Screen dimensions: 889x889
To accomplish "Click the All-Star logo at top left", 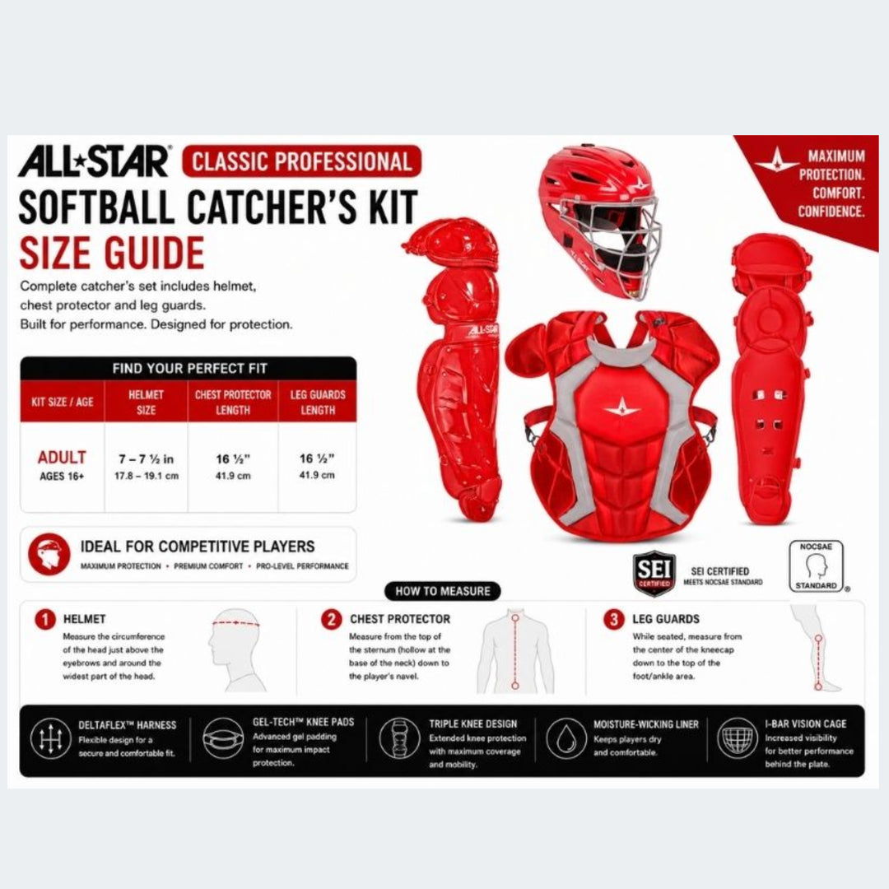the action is click(x=95, y=161).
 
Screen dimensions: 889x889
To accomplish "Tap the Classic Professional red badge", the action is click(x=301, y=161).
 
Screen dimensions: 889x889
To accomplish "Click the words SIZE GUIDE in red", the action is click(x=112, y=253).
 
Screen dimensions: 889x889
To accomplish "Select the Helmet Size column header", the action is click(x=147, y=402).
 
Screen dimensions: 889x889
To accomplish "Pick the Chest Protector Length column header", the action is click(x=233, y=402).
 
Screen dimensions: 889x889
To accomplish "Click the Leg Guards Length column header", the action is click(x=318, y=402).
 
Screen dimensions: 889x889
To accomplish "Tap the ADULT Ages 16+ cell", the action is click(x=62, y=465).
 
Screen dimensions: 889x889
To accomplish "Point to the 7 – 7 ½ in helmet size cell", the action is click(x=147, y=465).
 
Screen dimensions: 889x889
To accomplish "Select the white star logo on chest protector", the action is click(x=622, y=407).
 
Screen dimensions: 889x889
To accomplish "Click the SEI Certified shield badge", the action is click(x=654, y=573).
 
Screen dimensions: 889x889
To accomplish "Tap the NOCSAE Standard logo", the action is click(x=817, y=566).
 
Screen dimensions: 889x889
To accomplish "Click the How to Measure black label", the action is click(x=443, y=591).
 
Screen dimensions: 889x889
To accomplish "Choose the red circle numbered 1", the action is click(x=44, y=619).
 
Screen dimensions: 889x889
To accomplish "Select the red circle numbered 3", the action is click(x=613, y=619).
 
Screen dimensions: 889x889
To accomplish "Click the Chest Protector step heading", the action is click(x=400, y=619).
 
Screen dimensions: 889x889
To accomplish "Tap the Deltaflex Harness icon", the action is click(x=50, y=738).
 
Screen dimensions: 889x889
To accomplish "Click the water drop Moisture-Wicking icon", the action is click(x=566, y=738).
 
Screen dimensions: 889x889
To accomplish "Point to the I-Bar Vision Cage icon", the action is click(x=738, y=738).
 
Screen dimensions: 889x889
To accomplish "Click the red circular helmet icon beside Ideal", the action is click(x=49, y=554).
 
